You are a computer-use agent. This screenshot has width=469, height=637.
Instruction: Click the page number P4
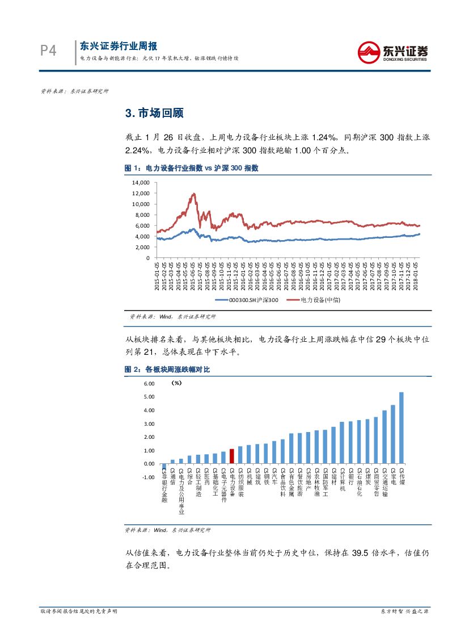point(49,51)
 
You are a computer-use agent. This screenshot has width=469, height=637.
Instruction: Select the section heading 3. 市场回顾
point(154,113)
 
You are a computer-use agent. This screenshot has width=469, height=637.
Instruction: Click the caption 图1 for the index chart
point(191,168)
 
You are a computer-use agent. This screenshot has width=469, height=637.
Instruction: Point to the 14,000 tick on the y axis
point(140,183)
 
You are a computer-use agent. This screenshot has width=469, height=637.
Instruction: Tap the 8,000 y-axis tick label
point(141,215)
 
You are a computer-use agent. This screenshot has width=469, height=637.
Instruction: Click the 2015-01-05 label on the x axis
point(157,275)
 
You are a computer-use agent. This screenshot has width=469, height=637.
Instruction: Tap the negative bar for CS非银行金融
point(164,467)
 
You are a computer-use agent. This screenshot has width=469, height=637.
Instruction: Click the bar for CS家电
point(393,434)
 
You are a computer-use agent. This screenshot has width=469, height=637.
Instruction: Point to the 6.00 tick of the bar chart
point(149,384)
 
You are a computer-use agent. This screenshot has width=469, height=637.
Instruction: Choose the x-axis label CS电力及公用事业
point(181,491)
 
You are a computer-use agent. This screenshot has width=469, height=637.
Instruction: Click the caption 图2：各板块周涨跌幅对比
point(167,370)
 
